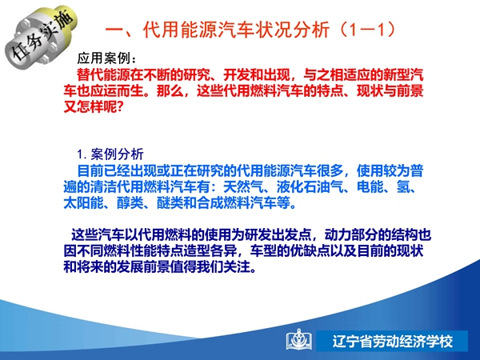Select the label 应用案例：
pos(107,58)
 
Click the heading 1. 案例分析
pos(110,154)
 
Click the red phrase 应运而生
pos(117,90)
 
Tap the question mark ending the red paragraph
pos(120,107)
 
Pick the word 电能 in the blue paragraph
pos(370,186)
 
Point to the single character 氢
pos(403,186)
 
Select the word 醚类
pos(170,203)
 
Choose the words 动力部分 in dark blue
pos(351,234)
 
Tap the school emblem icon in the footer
pos(299,340)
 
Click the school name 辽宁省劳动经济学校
pos(393,341)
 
